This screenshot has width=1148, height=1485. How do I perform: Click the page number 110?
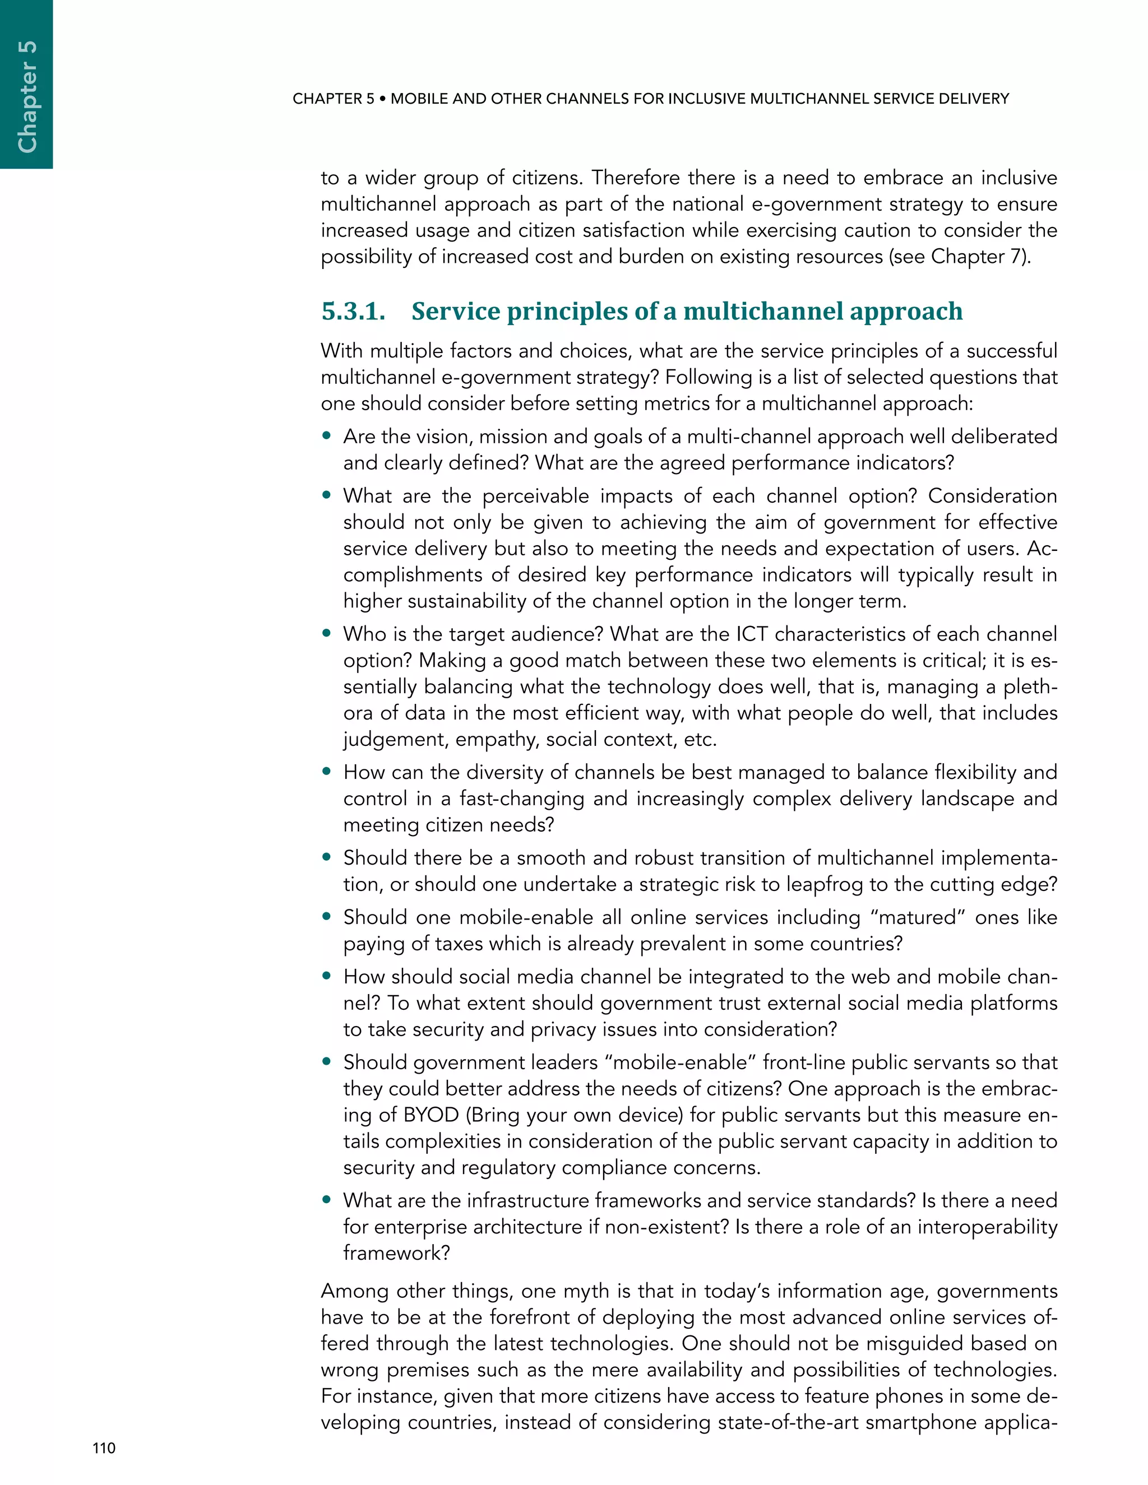point(104,1448)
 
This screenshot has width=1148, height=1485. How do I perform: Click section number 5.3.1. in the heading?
point(353,312)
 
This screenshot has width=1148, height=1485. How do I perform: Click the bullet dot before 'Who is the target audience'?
point(327,633)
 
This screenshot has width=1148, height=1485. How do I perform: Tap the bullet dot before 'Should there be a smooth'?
point(327,857)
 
